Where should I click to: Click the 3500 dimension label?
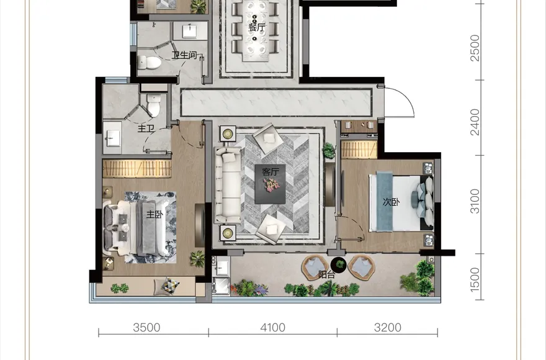(146, 328)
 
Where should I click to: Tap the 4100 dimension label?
(272, 328)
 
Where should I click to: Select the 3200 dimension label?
(388, 328)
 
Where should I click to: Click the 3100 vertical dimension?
(475, 201)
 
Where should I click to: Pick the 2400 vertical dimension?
(475, 122)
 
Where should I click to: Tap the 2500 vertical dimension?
(475, 48)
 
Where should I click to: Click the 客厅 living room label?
(271, 172)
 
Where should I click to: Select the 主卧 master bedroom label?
(154, 214)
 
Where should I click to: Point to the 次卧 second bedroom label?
(391, 202)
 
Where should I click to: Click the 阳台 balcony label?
(326, 274)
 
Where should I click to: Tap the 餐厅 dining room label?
(257, 27)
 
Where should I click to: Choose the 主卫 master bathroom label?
(146, 128)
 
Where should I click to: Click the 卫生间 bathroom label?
(184, 55)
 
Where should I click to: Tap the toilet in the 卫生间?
(150, 63)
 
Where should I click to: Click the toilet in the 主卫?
(154, 104)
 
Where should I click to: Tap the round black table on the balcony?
(338, 264)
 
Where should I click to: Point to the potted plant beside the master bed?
(197, 259)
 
